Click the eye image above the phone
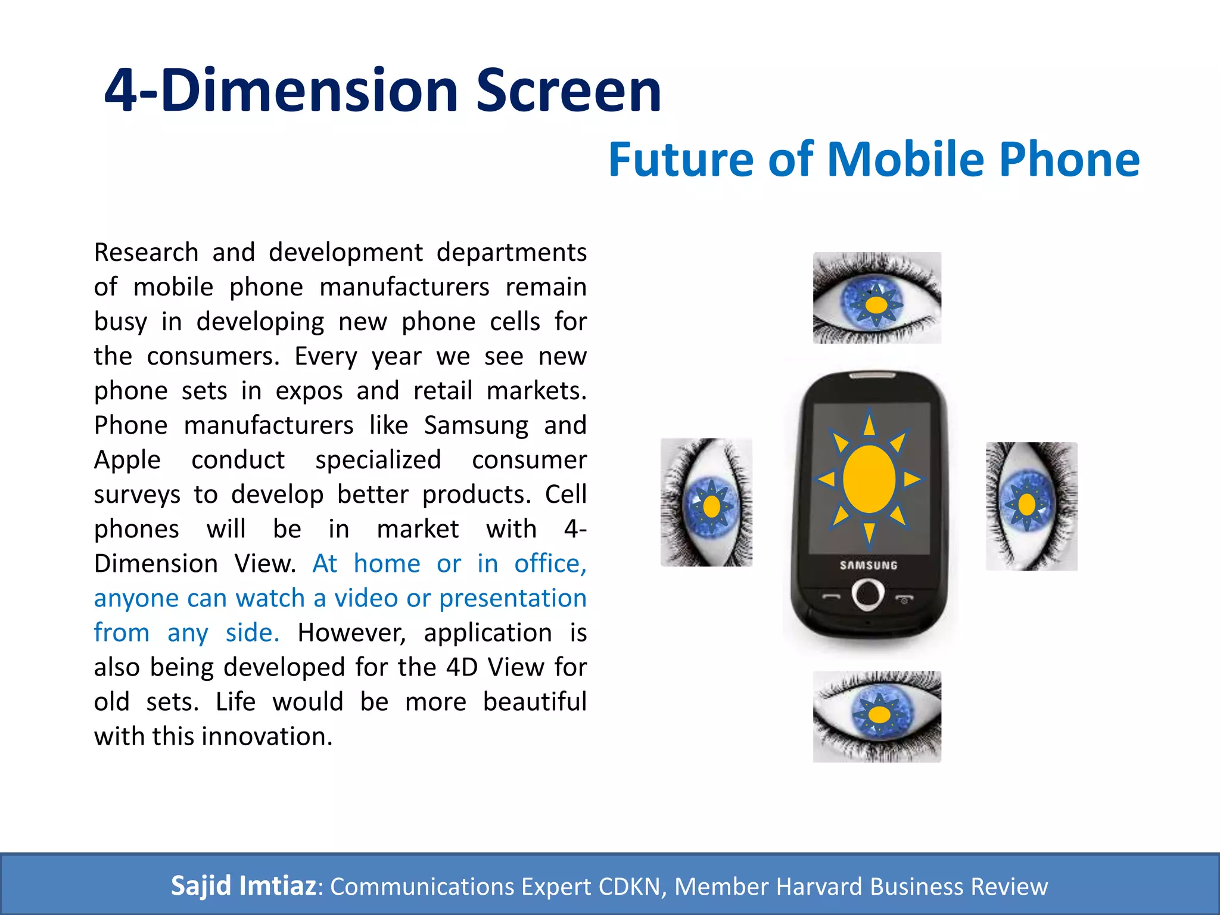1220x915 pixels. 877,298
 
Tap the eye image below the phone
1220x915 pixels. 877,717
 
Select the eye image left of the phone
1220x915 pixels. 707,502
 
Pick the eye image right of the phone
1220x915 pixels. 1031,506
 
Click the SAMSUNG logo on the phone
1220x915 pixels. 869,565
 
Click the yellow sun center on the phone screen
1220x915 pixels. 869,479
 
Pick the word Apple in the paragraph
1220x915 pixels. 127,460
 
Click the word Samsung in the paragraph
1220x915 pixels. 476,425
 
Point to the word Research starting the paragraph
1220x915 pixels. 146,253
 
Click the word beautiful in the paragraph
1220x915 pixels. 534,702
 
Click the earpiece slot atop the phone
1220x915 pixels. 872,376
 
